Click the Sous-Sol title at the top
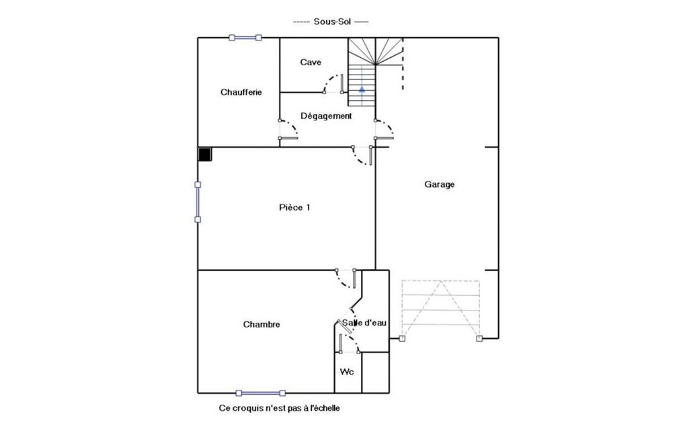(x=332, y=22)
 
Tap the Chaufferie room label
(x=241, y=92)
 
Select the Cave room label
(x=311, y=62)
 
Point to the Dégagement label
(x=326, y=116)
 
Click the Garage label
(x=440, y=184)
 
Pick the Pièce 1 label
(x=294, y=207)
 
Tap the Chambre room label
(x=261, y=325)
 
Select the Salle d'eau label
(x=364, y=323)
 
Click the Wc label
(x=347, y=372)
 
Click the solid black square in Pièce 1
(x=205, y=155)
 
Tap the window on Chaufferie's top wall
(x=245, y=38)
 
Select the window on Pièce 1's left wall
(x=198, y=202)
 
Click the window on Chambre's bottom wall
(x=261, y=393)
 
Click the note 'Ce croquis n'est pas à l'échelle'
(x=279, y=408)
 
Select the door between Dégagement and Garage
(x=384, y=129)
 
